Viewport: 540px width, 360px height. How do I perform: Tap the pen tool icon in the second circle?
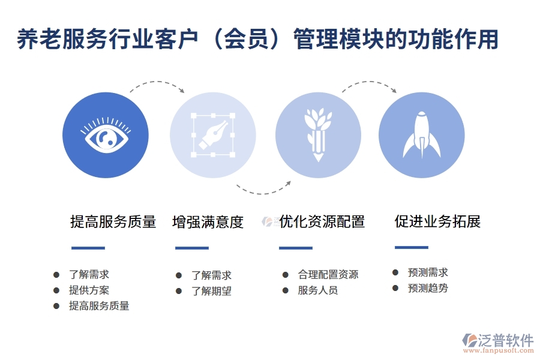tap(212, 134)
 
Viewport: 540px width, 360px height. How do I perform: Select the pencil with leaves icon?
tap(318, 134)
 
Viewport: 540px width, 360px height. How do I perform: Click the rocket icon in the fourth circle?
tap(421, 134)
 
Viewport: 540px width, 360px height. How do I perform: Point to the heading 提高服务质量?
tap(113, 222)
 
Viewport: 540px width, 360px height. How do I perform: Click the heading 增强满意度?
tap(208, 222)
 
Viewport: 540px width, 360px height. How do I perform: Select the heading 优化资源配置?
tap(322, 221)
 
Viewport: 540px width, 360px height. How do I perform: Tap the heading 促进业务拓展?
tap(437, 221)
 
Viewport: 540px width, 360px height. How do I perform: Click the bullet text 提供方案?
tap(89, 290)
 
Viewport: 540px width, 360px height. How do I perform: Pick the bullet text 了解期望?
tap(211, 292)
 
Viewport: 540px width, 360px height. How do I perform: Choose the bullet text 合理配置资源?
tap(328, 275)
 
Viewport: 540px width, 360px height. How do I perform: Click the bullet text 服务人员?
tap(318, 290)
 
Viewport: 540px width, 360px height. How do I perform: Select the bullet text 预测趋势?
tap(428, 288)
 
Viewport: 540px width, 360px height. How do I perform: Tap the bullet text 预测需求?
tap(428, 272)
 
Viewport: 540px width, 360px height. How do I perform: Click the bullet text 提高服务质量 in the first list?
tap(99, 306)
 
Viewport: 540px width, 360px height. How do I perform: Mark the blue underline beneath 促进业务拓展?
tap(412, 247)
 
